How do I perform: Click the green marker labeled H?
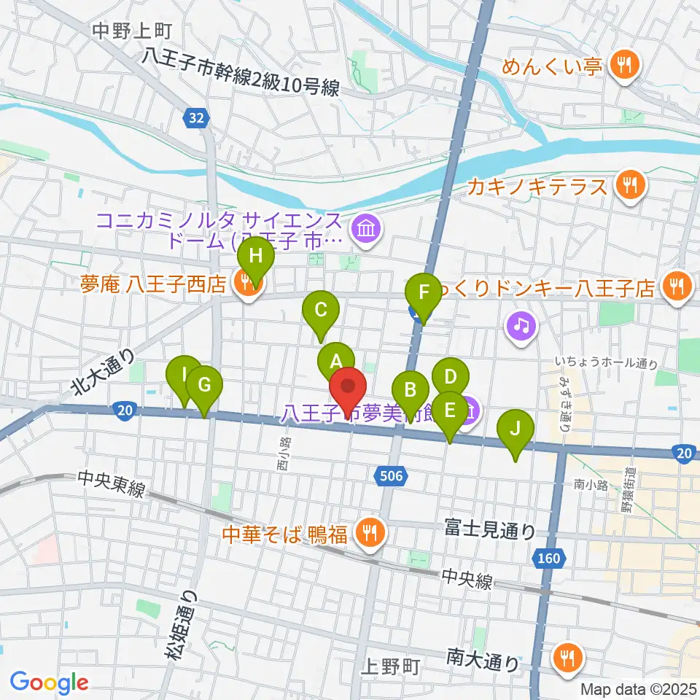[x=254, y=257]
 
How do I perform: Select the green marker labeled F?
[x=423, y=293]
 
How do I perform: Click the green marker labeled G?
[x=204, y=385]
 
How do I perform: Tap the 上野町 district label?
[x=390, y=666]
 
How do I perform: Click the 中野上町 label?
[x=133, y=31]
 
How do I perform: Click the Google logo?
[x=50, y=682]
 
